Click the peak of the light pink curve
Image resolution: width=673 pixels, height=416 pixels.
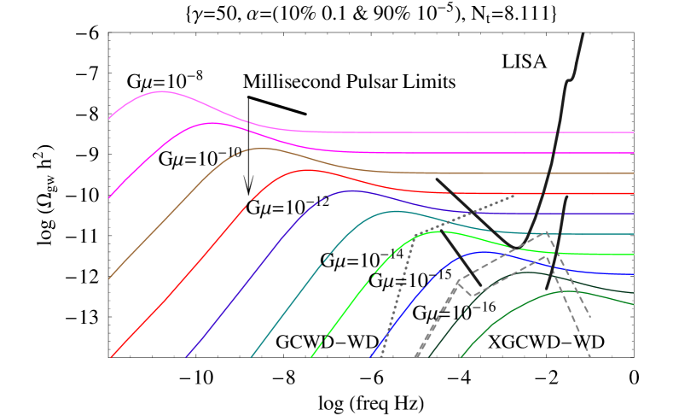point(161,91)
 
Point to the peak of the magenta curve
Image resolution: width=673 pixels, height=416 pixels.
point(211,123)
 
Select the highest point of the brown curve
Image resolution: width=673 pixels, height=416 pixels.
point(261,148)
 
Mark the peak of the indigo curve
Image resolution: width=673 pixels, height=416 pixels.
point(351,190)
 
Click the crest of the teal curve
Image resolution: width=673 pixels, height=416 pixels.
point(396,211)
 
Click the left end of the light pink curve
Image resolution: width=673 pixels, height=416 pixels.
point(109,119)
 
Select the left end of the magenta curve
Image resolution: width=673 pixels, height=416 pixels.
point(109,198)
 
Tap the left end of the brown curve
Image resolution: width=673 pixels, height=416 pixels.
point(109,278)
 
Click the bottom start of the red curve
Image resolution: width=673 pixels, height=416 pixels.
point(111,357)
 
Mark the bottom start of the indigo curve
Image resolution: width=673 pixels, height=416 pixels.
point(186,357)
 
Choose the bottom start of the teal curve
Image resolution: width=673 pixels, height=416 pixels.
point(251,357)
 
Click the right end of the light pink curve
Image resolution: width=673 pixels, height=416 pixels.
point(634,132)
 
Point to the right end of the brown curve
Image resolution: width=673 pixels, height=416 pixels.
point(634,173)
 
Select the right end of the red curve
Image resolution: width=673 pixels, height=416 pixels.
point(634,194)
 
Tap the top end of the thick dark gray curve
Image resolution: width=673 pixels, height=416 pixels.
point(583,34)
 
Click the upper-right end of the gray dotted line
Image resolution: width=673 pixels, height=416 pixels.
point(514,195)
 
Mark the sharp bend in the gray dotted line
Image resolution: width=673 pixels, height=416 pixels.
point(415,235)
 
